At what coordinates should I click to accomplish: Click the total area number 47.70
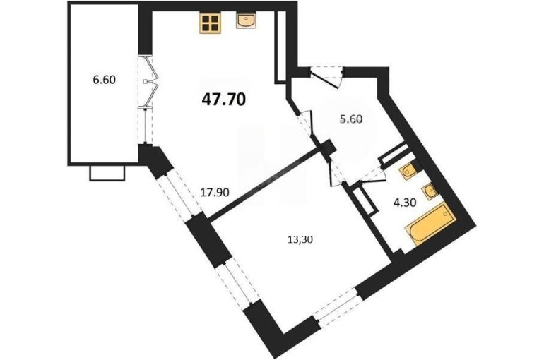click(224, 100)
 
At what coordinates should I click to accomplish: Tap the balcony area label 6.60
click(104, 80)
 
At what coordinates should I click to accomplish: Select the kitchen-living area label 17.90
click(215, 192)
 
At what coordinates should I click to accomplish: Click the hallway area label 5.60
click(350, 119)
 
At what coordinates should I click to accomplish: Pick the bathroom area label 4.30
click(405, 203)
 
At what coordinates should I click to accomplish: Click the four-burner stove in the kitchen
click(210, 23)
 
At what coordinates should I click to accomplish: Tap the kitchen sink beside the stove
click(247, 20)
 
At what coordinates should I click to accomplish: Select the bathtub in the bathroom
click(430, 224)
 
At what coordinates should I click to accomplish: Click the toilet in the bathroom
click(408, 171)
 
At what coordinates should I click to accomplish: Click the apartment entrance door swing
click(326, 77)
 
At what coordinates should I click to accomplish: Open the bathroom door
click(373, 174)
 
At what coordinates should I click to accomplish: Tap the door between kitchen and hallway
click(306, 122)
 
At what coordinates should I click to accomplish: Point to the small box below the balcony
click(107, 173)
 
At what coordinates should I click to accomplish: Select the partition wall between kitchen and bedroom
click(266, 183)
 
